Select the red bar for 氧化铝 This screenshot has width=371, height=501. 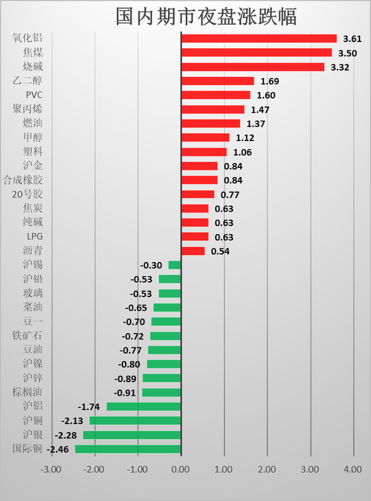258,38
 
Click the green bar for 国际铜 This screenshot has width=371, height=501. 128,449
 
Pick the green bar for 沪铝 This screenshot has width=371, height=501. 143,407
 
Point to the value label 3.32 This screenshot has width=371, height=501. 340,67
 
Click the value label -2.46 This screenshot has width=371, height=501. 59,449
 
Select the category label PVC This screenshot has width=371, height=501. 34,95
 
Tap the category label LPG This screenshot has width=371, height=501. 35,237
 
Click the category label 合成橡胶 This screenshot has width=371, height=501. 23,180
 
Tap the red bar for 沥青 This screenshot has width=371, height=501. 192,251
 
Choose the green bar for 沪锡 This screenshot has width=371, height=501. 174,265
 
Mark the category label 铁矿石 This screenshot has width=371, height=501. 28,336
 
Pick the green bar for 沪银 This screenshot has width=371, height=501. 132,435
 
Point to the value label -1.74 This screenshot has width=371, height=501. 89,407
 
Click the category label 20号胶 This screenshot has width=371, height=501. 28,194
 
